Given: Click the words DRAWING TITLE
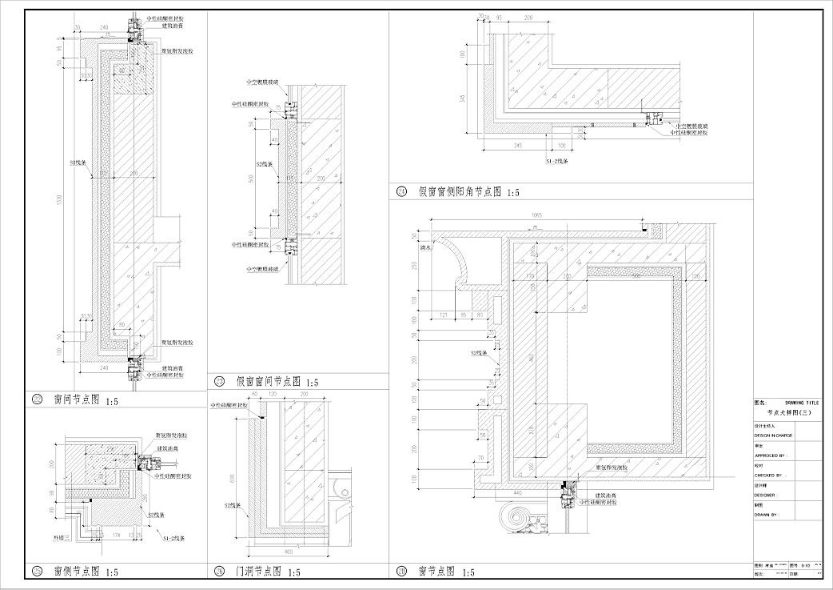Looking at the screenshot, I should tap(802, 402).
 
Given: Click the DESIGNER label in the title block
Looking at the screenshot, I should tap(767, 495).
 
